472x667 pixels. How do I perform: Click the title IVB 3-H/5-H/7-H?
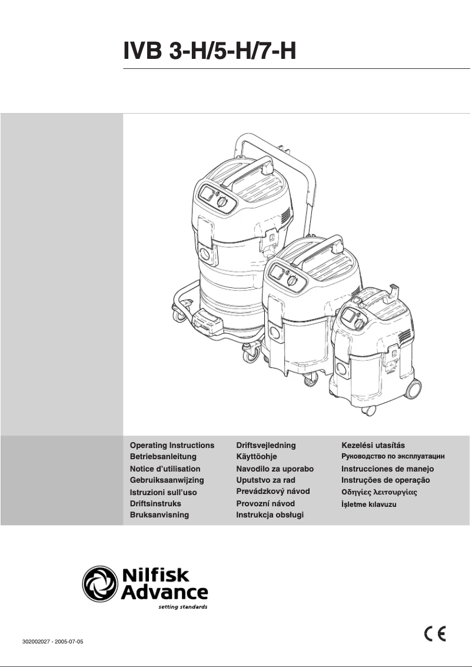coord(209,51)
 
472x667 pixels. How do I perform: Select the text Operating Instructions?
coord(172,445)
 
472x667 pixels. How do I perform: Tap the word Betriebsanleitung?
coord(163,456)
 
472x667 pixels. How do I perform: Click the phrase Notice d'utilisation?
coord(165,469)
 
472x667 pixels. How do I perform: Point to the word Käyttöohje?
coord(256,456)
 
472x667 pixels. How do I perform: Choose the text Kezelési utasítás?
coord(373,445)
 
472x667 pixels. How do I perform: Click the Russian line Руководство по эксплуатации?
coord(393,456)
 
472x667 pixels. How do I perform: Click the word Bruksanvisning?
coord(159,515)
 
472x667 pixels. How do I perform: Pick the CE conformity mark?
coord(435,634)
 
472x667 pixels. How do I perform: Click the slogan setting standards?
coord(183,606)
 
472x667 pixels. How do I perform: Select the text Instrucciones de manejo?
coord(387,469)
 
